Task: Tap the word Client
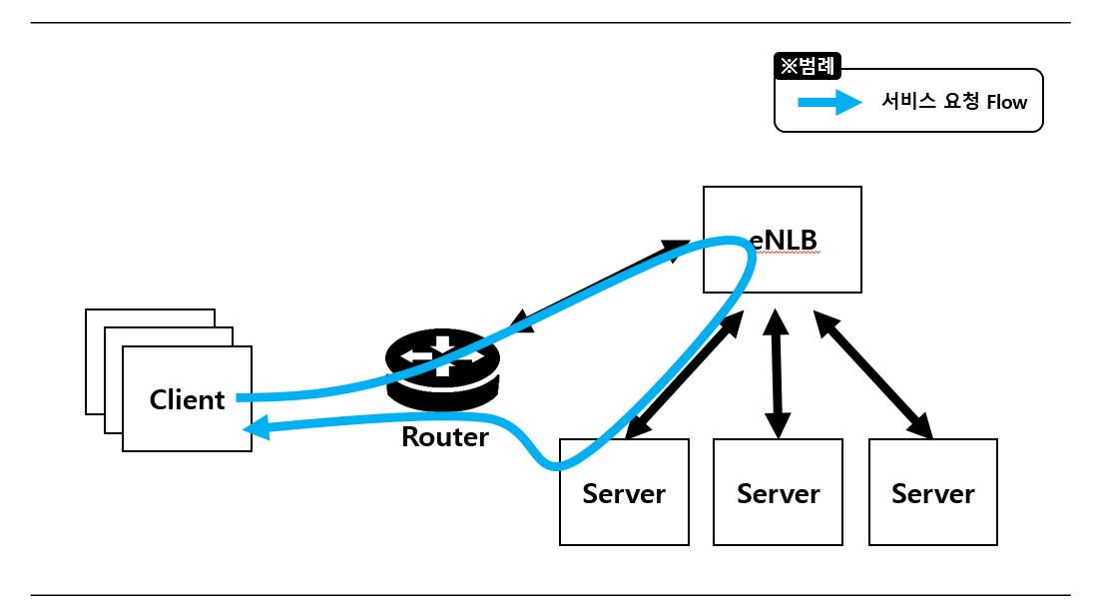click(x=187, y=399)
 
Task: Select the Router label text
click(x=445, y=436)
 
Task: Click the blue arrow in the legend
click(x=828, y=102)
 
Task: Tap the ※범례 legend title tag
click(x=809, y=67)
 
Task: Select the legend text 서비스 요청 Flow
click(x=953, y=102)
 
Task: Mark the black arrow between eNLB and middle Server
click(x=778, y=374)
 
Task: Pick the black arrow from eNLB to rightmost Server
click(x=873, y=374)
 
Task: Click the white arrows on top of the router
click(x=441, y=356)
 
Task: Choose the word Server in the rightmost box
click(x=933, y=493)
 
